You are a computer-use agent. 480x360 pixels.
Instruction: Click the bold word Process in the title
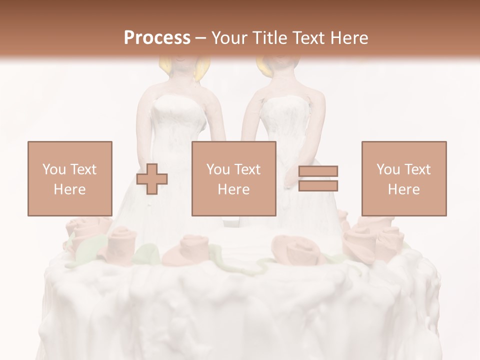tap(157, 38)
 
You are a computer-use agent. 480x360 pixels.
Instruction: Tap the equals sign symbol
tap(318, 178)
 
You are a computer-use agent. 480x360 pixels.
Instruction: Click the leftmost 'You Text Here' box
tap(70, 178)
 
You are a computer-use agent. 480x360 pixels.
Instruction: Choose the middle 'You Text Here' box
tap(234, 178)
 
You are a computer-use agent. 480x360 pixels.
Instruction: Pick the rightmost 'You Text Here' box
tap(404, 178)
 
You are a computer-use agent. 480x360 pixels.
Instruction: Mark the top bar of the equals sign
tap(318, 171)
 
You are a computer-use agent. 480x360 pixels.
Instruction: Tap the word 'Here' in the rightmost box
tap(404, 189)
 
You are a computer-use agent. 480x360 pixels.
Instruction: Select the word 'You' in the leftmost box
tap(53, 169)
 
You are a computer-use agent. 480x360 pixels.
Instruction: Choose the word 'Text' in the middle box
tap(247, 169)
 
